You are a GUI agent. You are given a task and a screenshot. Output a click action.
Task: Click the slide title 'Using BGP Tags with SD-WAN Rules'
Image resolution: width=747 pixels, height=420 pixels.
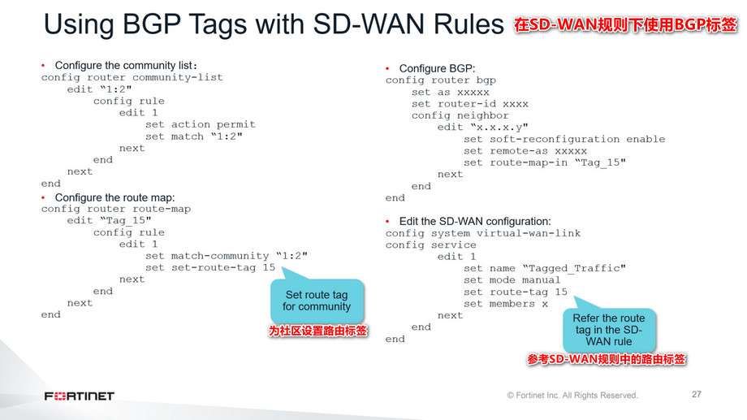(x=274, y=24)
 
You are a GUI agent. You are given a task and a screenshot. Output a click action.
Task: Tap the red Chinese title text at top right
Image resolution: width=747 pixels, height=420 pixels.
(x=624, y=25)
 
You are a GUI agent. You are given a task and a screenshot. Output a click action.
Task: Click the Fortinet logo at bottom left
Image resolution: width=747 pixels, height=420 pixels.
(x=80, y=396)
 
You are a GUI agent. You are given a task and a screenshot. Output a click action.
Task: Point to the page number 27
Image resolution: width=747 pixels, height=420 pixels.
(x=696, y=394)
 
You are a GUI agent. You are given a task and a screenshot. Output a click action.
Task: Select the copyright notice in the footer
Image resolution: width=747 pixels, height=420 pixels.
(x=572, y=396)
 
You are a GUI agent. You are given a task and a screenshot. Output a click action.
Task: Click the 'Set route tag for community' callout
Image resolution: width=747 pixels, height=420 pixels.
(x=317, y=301)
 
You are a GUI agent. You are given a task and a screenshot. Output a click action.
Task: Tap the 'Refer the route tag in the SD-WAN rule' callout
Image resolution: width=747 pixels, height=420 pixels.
(x=609, y=329)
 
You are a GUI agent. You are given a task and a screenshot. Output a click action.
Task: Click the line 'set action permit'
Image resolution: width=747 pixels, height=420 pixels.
(x=201, y=124)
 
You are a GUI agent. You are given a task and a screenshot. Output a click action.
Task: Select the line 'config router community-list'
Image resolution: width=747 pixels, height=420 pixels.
(x=132, y=77)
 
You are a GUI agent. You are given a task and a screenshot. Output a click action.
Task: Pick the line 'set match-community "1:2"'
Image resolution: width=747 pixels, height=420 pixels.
(x=227, y=255)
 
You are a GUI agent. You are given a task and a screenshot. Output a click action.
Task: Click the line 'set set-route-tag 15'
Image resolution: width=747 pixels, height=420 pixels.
(x=210, y=267)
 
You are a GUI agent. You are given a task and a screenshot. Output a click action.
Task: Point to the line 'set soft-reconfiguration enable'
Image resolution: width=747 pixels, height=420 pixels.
(x=564, y=139)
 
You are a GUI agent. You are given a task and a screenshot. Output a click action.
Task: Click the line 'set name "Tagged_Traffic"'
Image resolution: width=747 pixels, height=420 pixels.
(x=545, y=268)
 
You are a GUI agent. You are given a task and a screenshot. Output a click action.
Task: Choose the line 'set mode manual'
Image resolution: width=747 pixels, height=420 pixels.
(x=512, y=280)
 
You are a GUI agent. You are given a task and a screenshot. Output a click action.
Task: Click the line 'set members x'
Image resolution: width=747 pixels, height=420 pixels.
(x=506, y=304)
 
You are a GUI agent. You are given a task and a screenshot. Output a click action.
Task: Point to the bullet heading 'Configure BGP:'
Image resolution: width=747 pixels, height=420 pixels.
(x=437, y=68)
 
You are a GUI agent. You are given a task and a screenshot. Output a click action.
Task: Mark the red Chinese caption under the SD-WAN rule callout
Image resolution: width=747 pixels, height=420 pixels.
(x=608, y=358)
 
